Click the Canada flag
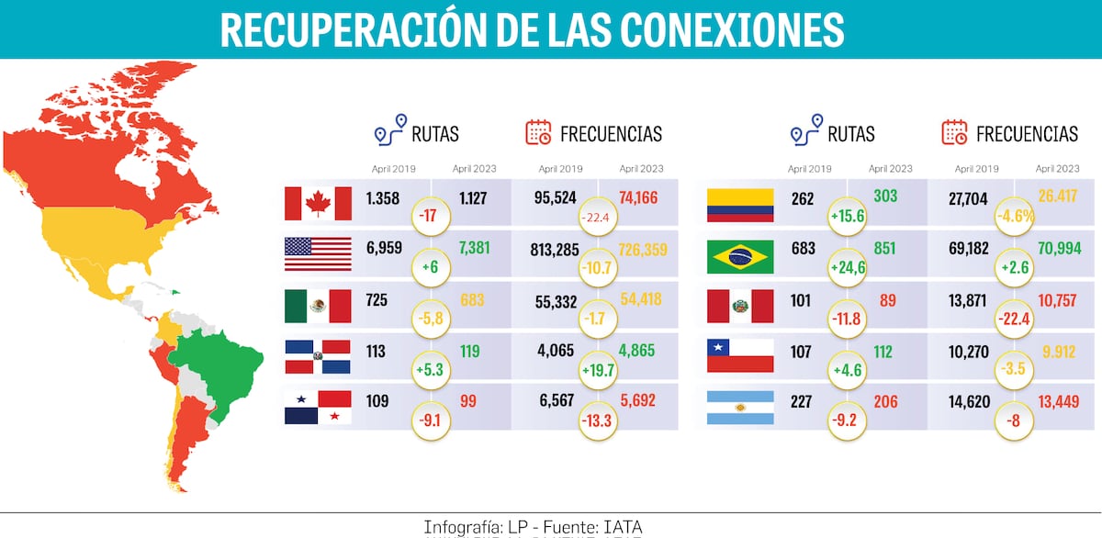318,203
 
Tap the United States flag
318,254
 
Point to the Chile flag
740,355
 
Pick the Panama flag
318,407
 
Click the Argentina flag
740,407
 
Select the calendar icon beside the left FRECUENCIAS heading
538,133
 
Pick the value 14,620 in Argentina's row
973,401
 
